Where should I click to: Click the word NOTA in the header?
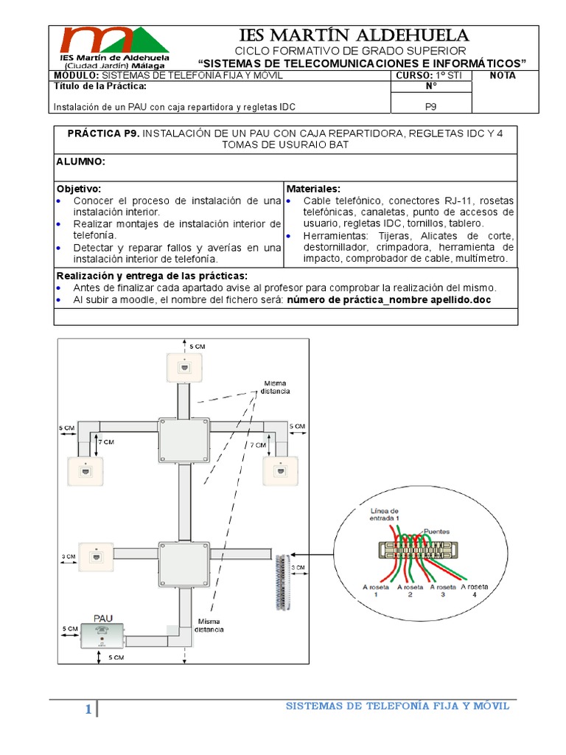503,75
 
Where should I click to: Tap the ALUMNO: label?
81,161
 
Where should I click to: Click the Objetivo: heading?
79,189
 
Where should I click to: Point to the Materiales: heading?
313,189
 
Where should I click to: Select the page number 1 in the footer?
88,710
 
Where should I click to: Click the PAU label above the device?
102,617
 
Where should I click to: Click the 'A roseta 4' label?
473,590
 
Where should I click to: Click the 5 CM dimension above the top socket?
198,346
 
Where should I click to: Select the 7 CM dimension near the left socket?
108,443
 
